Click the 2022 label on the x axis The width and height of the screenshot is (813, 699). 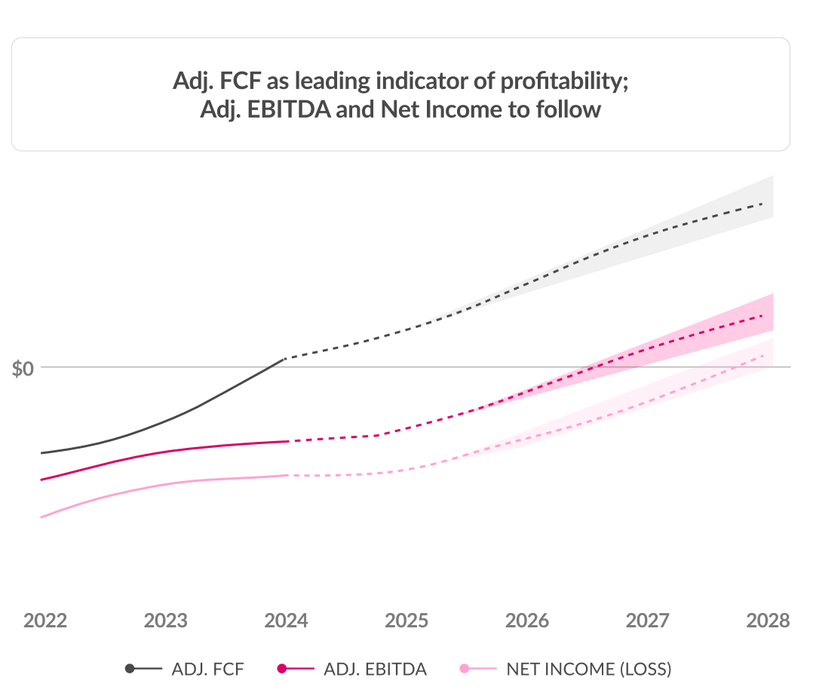click(x=45, y=621)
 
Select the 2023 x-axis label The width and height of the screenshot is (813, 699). click(x=166, y=621)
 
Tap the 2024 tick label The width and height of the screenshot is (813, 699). click(x=287, y=621)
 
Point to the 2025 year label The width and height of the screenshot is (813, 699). click(x=406, y=621)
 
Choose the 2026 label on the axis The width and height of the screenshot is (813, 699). click(x=527, y=621)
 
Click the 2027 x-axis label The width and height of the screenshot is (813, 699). click(x=648, y=621)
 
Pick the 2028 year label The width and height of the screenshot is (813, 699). click(x=768, y=621)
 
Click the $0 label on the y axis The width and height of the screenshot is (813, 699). click(x=23, y=369)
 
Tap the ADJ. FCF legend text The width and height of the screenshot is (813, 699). click(x=207, y=669)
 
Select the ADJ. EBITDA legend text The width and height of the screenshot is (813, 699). click(x=375, y=669)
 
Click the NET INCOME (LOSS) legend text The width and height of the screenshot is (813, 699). click(x=588, y=669)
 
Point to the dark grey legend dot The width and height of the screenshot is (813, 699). click(x=130, y=669)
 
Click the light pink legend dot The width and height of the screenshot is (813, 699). click(x=465, y=669)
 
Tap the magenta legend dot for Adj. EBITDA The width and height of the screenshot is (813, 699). click(x=282, y=669)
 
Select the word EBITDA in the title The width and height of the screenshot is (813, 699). click(x=290, y=110)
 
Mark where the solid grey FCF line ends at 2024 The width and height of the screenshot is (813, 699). click(x=284, y=359)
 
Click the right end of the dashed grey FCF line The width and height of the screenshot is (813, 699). click(x=763, y=204)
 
